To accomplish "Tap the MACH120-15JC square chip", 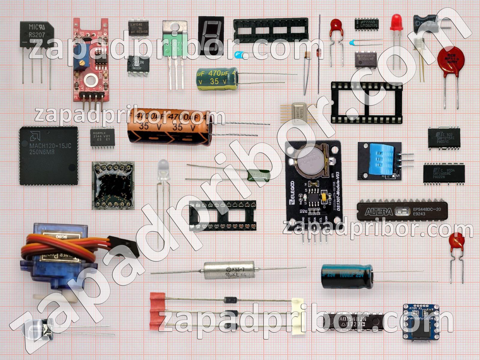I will click(49, 155).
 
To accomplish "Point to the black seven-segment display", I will click(211, 35).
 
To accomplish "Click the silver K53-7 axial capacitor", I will click(229, 269).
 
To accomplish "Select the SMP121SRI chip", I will click(444, 138).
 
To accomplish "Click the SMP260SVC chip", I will click(444, 173).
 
